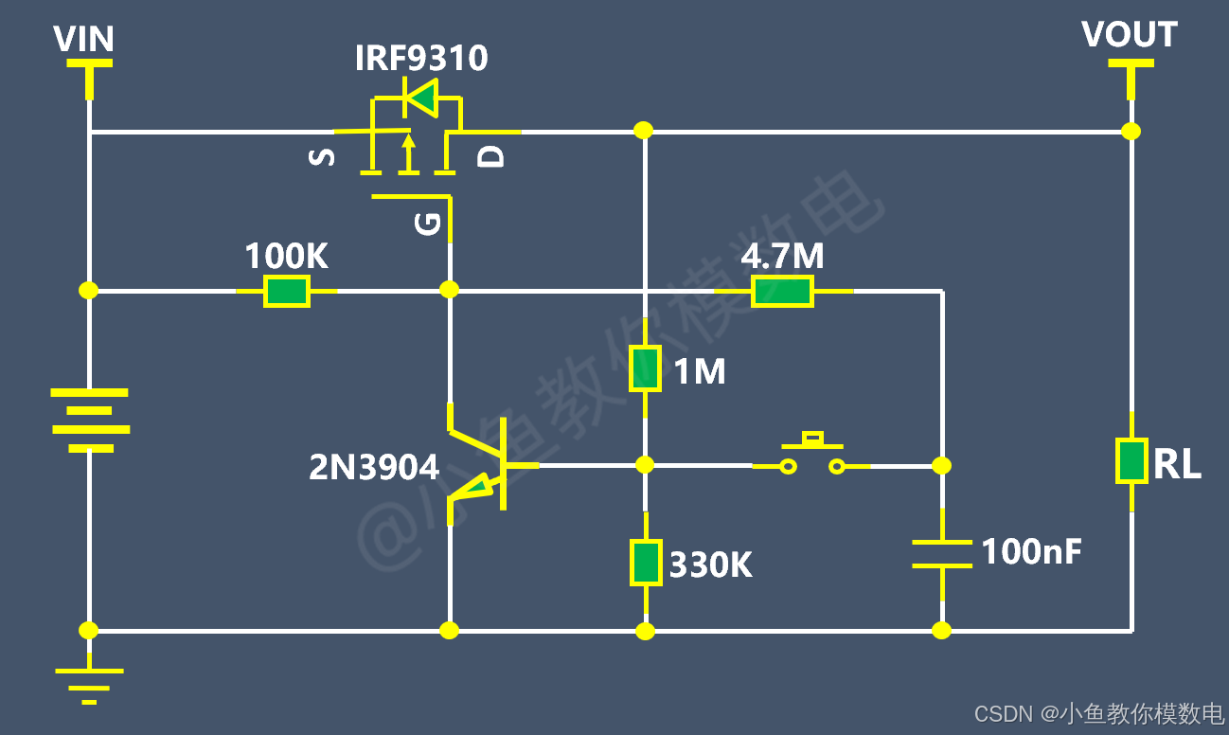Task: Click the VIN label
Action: tap(83, 39)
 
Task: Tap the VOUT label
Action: tap(1130, 34)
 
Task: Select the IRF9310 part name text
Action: tap(421, 58)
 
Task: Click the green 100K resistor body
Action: tap(286, 291)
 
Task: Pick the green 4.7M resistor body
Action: tap(782, 291)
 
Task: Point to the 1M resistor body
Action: tap(645, 368)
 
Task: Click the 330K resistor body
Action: tap(646, 562)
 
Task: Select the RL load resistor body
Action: tap(1131, 460)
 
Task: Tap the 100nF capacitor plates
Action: tap(942, 554)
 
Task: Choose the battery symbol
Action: tap(90, 421)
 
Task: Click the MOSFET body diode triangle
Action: tap(422, 99)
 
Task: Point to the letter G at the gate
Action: tap(427, 224)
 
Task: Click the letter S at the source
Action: tap(322, 157)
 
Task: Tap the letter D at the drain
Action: tap(490, 157)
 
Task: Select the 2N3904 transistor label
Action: tap(374, 467)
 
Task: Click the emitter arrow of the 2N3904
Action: tap(475, 488)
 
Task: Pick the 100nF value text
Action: tap(1031, 551)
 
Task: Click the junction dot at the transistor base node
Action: tap(645, 465)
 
